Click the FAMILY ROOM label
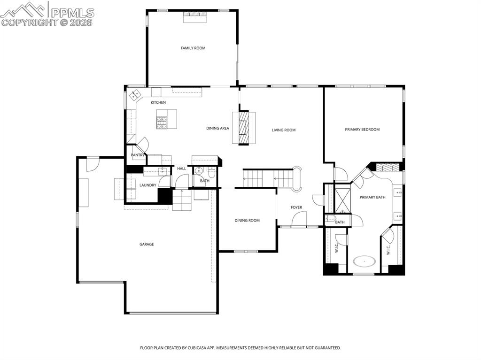(193, 48)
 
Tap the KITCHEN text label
(158, 102)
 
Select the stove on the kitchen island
(162, 122)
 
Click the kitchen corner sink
(136, 94)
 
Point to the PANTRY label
(137, 155)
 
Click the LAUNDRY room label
(147, 185)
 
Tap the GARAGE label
(147, 244)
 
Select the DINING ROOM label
(247, 220)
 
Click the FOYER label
(296, 207)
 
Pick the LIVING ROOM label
(284, 130)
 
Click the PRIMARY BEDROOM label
(362, 130)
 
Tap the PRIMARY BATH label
(372, 197)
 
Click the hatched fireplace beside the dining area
(244, 128)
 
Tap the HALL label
(181, 169)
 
